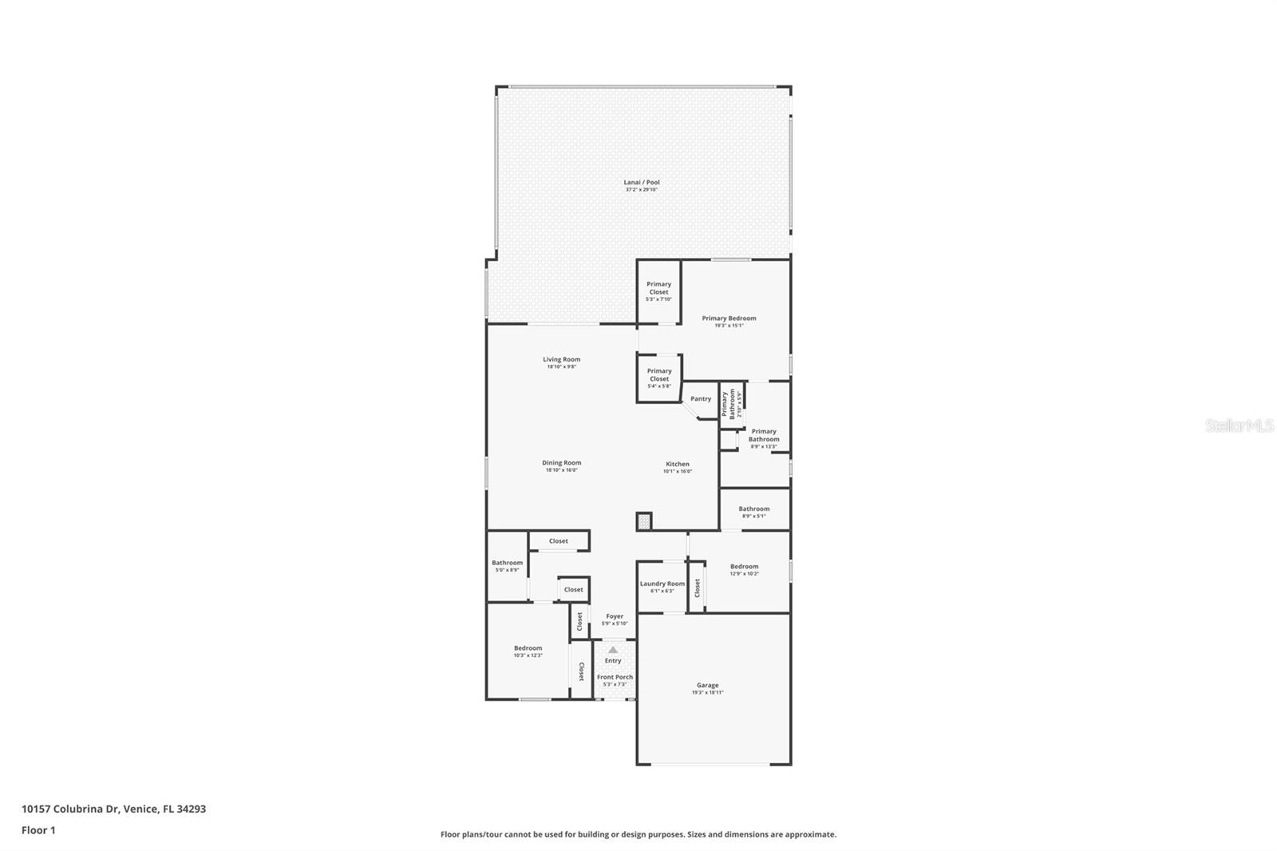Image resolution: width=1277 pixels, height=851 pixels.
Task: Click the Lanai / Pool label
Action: pos(642,183)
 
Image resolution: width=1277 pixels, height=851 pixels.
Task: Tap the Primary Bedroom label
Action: pos(729,319)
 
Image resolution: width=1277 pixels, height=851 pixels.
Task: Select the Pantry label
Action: pos(701,399)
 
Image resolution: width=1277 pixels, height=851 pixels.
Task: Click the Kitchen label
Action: pos(678,465)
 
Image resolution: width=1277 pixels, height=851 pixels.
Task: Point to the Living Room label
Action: pos(562,360)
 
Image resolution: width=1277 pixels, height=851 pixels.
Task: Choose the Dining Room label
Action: pos(562,463)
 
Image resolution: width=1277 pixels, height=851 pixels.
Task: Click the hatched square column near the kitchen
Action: pos(644,521)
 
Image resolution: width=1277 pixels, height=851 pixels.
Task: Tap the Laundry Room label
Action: pos(662,584)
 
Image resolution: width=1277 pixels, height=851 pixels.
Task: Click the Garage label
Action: pos(708,686)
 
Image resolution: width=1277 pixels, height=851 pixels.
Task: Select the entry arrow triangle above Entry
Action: pos(613,650)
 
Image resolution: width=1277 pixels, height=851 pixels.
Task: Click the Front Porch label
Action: pos(615,677)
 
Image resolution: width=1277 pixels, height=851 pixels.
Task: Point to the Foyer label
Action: pos(615,616)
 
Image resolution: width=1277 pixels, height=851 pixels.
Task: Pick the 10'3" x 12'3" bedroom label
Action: pos(528,649)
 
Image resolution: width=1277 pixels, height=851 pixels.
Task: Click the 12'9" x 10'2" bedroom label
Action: pos(744,567)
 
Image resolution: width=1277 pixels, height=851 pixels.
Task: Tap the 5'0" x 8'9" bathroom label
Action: pos(507,564)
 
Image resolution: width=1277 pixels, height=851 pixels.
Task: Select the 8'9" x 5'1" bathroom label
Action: pos(753,509)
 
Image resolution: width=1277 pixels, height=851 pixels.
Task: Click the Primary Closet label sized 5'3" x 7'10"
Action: pos(658,288)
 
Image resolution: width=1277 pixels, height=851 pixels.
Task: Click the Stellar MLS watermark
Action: pos(1239,426)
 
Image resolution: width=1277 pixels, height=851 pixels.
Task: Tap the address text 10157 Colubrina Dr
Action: pos(71,809)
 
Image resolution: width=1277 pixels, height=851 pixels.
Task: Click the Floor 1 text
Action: pos(38,830)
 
